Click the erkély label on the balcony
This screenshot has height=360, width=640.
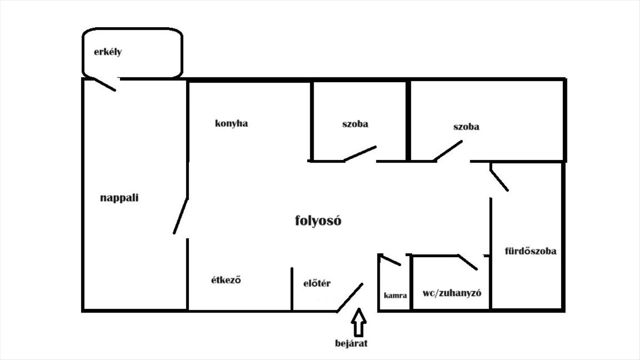pos(108,52)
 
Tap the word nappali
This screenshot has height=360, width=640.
pos(119,198)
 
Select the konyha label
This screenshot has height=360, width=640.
pos(231,124)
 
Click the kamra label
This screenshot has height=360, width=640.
pos(395,295)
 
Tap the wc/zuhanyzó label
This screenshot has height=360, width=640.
pos(452,293)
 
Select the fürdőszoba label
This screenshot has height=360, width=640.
pos(531,251)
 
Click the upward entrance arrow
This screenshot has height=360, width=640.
pos(359,321)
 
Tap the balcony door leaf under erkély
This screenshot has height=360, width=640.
pos(105,84)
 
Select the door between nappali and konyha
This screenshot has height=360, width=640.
pos(181,216)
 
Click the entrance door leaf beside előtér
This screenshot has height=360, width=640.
pos(350,298)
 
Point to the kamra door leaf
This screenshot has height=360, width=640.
pos(390,260)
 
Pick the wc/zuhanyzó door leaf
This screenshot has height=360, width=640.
pos(468,262)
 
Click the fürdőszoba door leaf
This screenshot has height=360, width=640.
pos(499,177)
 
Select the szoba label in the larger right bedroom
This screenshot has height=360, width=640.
pos(466,127)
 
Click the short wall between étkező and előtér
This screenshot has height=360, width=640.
pos(292,289)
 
